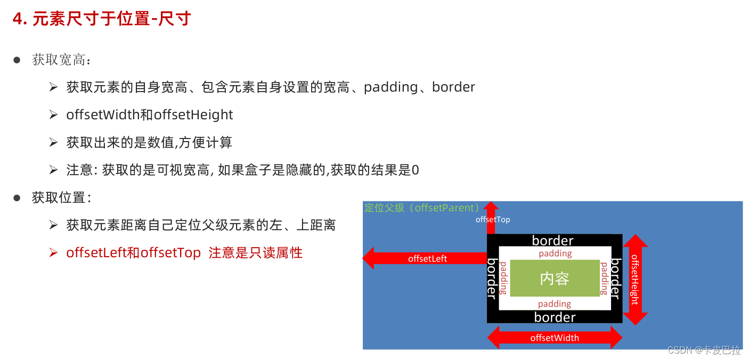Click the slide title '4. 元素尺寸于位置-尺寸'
coord(102,19)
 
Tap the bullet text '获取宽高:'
coord(62,60)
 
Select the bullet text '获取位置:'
coord(62,198)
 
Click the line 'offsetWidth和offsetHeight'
coord(150,115)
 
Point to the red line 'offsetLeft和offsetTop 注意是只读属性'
coord(184,253)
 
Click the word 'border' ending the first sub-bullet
coord(453,87)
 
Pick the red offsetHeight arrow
coord(635,280)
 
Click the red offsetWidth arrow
coord(555,338)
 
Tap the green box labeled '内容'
coord(555,279)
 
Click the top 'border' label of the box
coord(553,241)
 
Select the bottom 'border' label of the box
coord(555,317)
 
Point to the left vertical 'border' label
coord(493,279)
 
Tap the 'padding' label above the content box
coord(555,253)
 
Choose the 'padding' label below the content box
coord(555,304)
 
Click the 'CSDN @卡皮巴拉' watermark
coord(704,350)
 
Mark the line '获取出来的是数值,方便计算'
coord(149,143)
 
